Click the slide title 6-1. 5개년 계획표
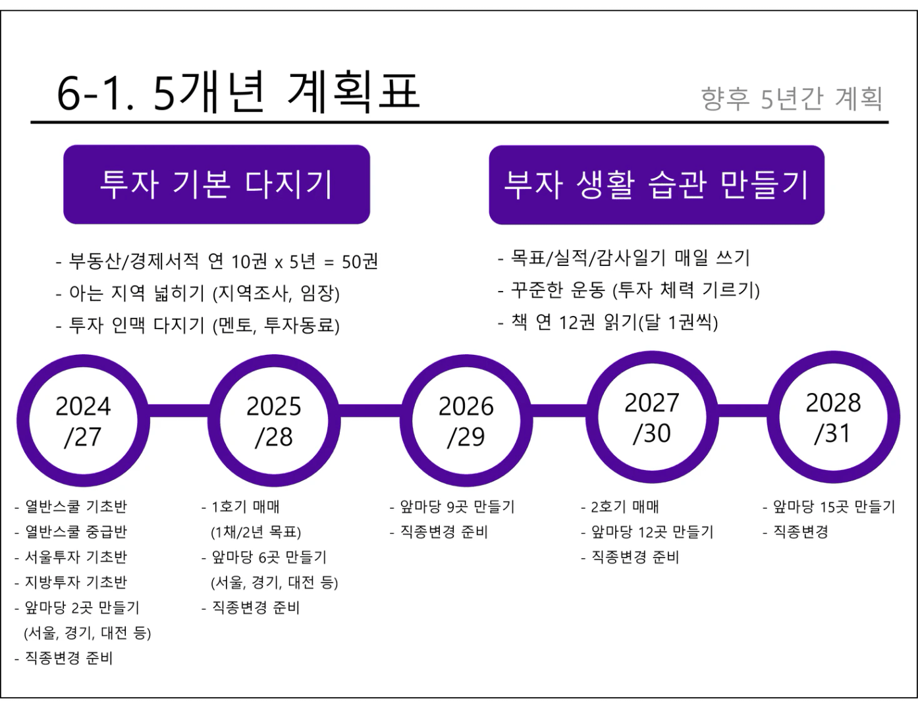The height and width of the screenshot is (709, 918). coord(238,92)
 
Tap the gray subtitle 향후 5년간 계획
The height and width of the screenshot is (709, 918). coord(791,99)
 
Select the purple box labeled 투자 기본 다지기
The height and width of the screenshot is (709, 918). coord(216,184)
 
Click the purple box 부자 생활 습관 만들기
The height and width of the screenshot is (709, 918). coord(656,184)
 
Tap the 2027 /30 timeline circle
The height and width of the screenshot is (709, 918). coord(651,417)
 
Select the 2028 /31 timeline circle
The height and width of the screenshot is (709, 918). coord(833,417)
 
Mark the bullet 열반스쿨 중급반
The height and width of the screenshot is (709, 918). coord(75,532)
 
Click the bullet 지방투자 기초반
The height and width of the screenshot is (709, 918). coord(75,583)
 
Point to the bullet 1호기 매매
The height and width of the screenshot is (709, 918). coord(245,507)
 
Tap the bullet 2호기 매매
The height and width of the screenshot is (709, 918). coord(624,507)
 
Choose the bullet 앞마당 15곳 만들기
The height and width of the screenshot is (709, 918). coord(833,507)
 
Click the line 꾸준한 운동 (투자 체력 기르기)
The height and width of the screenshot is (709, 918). coord(635,290)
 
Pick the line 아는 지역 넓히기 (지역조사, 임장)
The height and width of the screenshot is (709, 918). coord(203,294)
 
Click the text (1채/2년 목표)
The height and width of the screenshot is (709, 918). coord(256,532)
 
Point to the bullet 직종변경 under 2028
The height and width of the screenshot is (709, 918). coord(799,532)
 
